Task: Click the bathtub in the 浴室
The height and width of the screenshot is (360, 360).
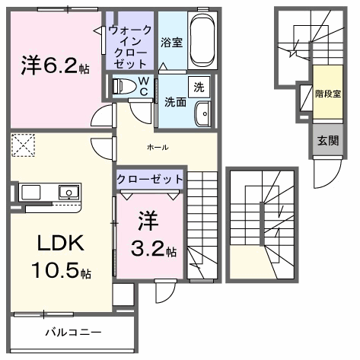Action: (202, 40)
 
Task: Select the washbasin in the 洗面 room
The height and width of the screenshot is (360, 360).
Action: (202, 114)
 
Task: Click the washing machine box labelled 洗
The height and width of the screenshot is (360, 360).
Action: (199, 87)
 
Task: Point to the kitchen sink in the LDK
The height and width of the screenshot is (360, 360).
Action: (68, 192)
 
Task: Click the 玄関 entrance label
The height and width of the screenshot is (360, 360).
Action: (328, 140)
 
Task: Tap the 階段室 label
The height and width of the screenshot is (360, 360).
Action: (328, 94)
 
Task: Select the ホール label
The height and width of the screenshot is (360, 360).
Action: (158, 147)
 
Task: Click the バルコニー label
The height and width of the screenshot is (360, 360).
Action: (73, 332)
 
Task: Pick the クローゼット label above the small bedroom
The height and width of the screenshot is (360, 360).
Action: (150, 180)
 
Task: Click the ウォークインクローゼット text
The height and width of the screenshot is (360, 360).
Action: (130, 47)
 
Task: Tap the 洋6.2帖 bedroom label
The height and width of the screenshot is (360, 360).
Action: (55, 65)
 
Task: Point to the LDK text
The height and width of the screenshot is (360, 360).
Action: (61, 243)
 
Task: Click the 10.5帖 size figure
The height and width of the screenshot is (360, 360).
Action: (61, 270)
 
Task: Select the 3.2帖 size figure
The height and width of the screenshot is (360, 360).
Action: (154, 249)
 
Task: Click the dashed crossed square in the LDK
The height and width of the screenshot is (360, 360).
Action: (23, 145)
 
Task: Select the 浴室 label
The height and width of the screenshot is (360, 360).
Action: (172, 42)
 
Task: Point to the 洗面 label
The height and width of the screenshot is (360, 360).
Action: (175, 102)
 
